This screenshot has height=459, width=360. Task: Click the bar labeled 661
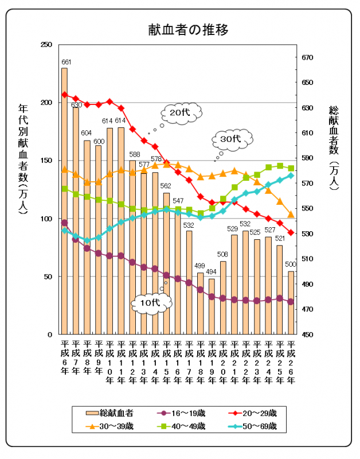65,201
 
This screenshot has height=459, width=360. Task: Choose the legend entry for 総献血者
110,413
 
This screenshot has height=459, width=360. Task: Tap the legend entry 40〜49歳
181,426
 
